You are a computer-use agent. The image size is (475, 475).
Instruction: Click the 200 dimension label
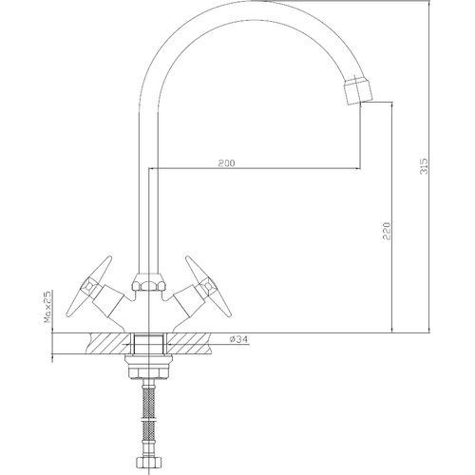[x=227, y=163]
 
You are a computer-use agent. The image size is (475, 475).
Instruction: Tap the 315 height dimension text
[x=424, y=166]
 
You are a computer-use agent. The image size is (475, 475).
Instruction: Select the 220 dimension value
[x=387, y=231]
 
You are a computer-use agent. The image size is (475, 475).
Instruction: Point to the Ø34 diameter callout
[x=238, y=339]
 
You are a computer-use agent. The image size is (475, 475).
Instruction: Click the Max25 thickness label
[x=47, y=307]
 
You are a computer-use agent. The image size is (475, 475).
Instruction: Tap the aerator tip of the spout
[x=358, y=90]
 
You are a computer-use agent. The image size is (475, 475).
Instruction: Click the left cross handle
[x=89, y=286]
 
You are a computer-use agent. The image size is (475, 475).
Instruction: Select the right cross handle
[x=207, y=286]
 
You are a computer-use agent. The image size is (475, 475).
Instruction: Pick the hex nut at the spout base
[x=148, y=282]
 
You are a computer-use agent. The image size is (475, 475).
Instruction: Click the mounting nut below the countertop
[x=148, y=367]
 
